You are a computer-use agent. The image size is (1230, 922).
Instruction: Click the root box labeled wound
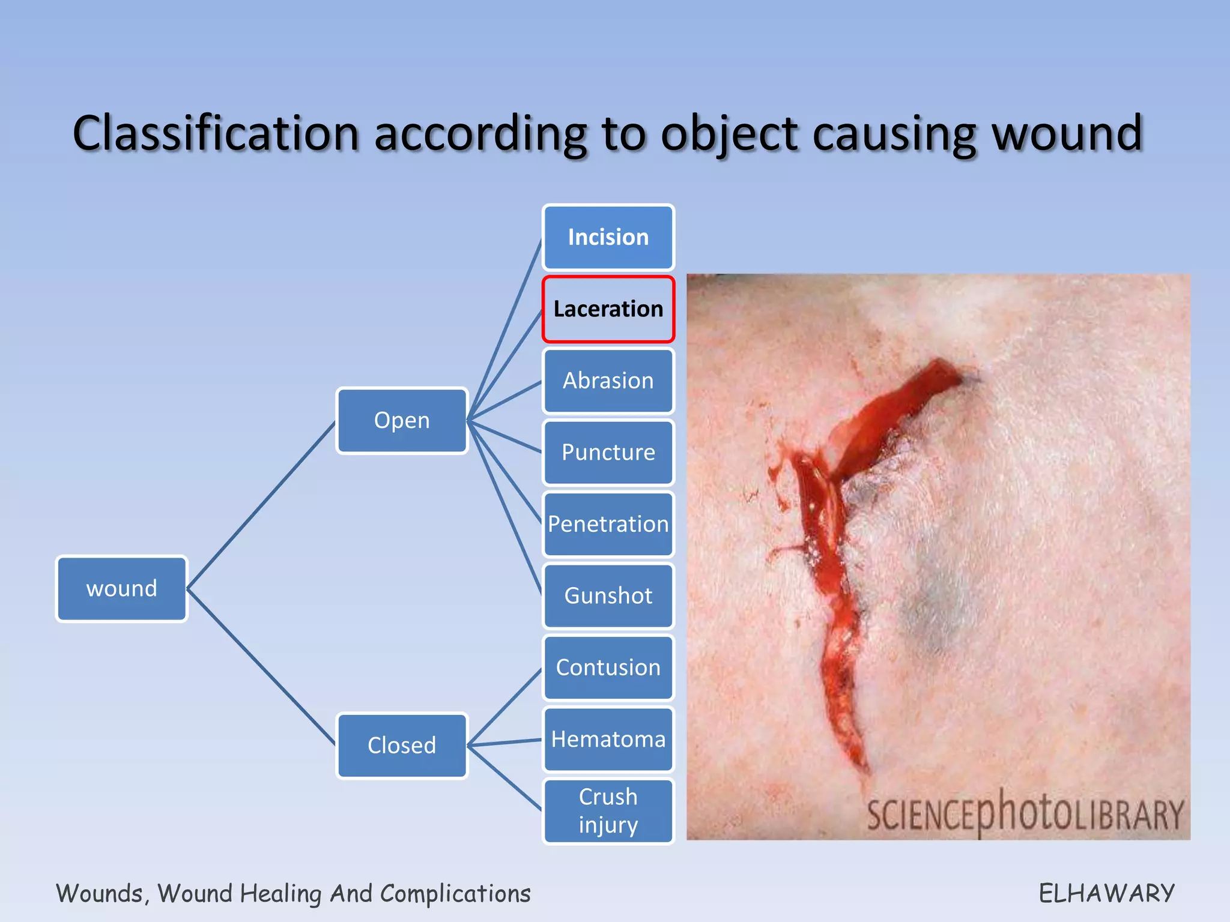click(121, 588)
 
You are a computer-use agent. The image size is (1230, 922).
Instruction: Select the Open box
click(402, 420)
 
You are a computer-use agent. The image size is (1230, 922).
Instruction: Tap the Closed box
click(402, 745)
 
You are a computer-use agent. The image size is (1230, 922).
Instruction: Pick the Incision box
click(608, 237)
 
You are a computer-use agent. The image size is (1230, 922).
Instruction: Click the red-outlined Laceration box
click(608, 309)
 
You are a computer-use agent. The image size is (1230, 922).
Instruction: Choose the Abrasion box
click(608, 381)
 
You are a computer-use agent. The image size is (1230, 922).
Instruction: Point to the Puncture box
click(608, 452)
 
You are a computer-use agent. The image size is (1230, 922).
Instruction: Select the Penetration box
click(608, 524)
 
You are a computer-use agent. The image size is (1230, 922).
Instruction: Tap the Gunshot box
click(608, 595)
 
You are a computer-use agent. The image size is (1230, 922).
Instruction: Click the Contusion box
click(608, 667)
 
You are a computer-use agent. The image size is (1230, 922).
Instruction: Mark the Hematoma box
click(608, 739)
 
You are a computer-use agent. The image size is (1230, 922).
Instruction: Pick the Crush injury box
click(608, 810)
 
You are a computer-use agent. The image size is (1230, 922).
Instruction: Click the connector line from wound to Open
click(261, 505)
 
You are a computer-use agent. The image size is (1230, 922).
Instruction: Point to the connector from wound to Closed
click(261, 666)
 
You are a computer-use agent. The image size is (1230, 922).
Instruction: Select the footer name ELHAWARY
click(1106, 893)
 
